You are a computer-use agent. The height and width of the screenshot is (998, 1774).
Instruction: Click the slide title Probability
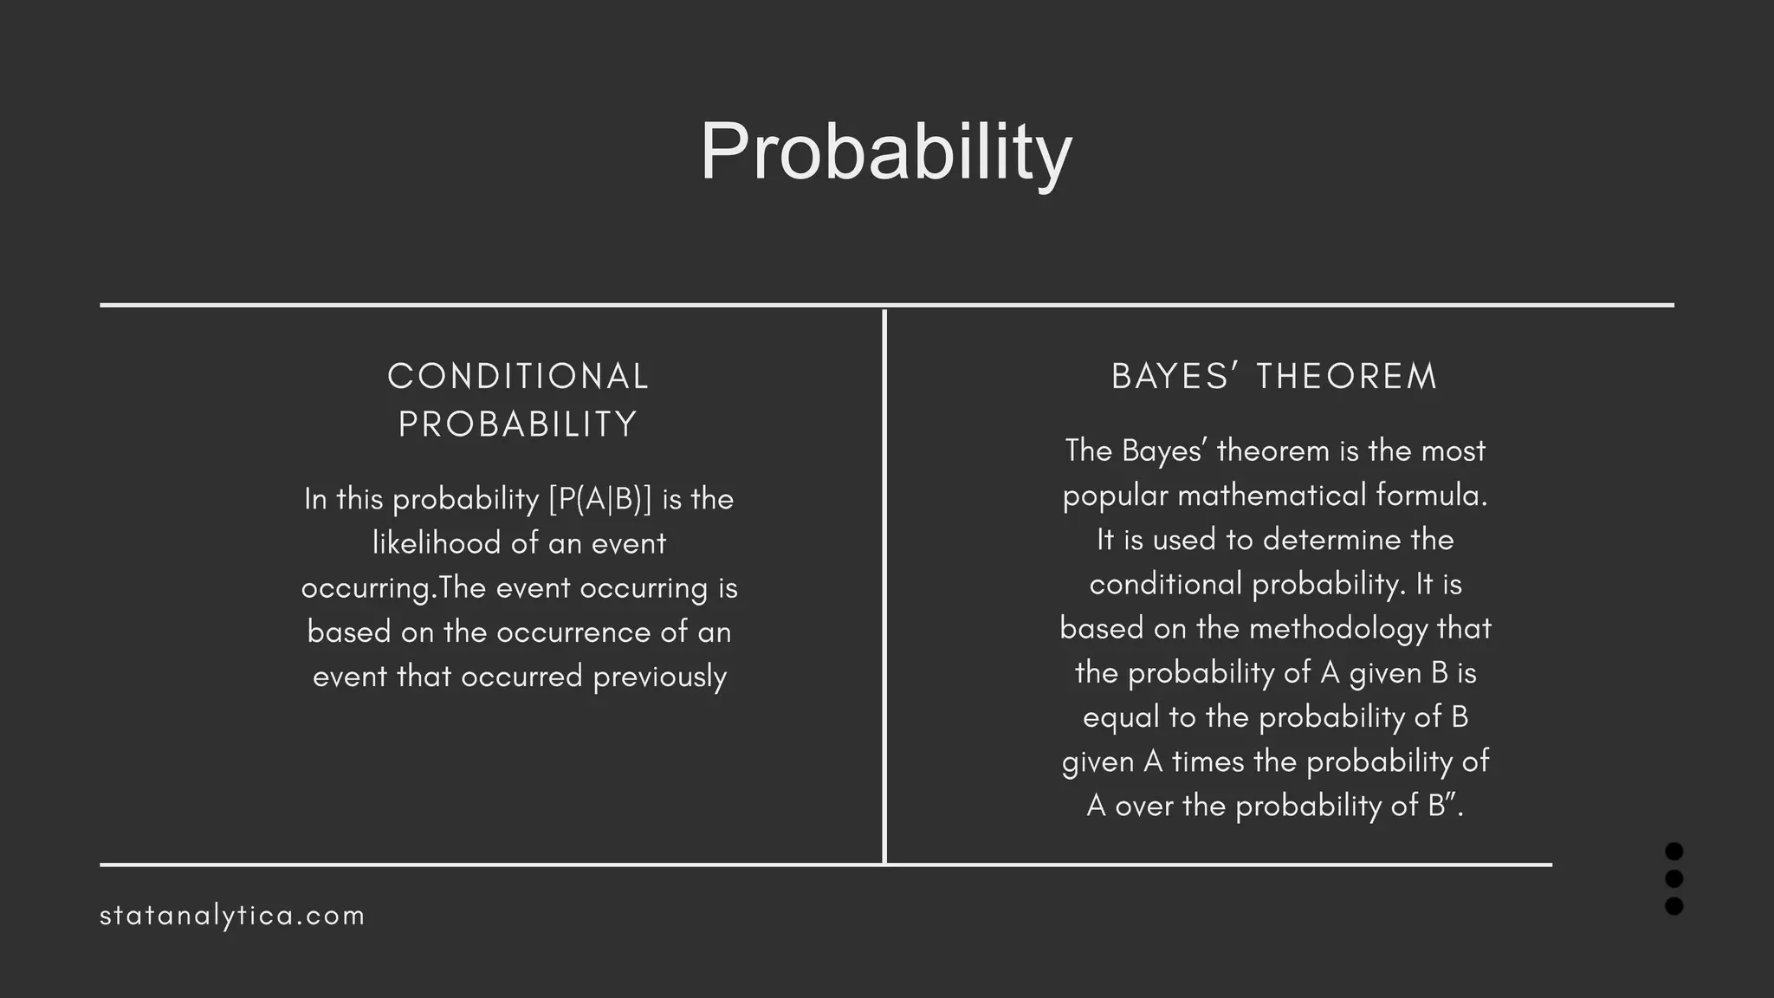click(885, 152)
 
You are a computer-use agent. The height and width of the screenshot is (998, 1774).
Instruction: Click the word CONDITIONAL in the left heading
click(518, 377)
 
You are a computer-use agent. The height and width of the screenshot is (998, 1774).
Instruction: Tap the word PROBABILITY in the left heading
click(518, 424)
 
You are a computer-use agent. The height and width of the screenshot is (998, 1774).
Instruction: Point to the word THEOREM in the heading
click(1347, 377)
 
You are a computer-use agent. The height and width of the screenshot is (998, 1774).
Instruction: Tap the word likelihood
click(437, 544)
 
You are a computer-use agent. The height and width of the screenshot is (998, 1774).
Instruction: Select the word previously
click(660, 677)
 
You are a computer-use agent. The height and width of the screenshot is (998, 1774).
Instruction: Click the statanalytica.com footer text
click(232, 916)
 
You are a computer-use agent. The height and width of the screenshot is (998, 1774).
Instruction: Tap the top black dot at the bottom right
click(1674, 852)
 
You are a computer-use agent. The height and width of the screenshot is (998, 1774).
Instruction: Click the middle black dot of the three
click(1674, 878)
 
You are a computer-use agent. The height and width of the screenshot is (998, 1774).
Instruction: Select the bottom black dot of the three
click(1674, 906)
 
